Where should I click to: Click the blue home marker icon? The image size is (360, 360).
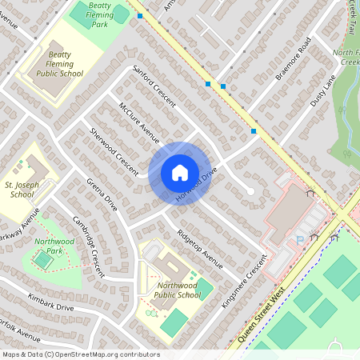[179, 173]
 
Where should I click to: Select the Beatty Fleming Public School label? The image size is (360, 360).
[59, 67]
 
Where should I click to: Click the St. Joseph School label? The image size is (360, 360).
[23, 189]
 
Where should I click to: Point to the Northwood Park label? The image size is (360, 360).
[50, 246]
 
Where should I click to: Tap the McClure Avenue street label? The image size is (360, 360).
[138, 123]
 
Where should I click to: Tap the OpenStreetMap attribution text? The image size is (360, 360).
[80, 354]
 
